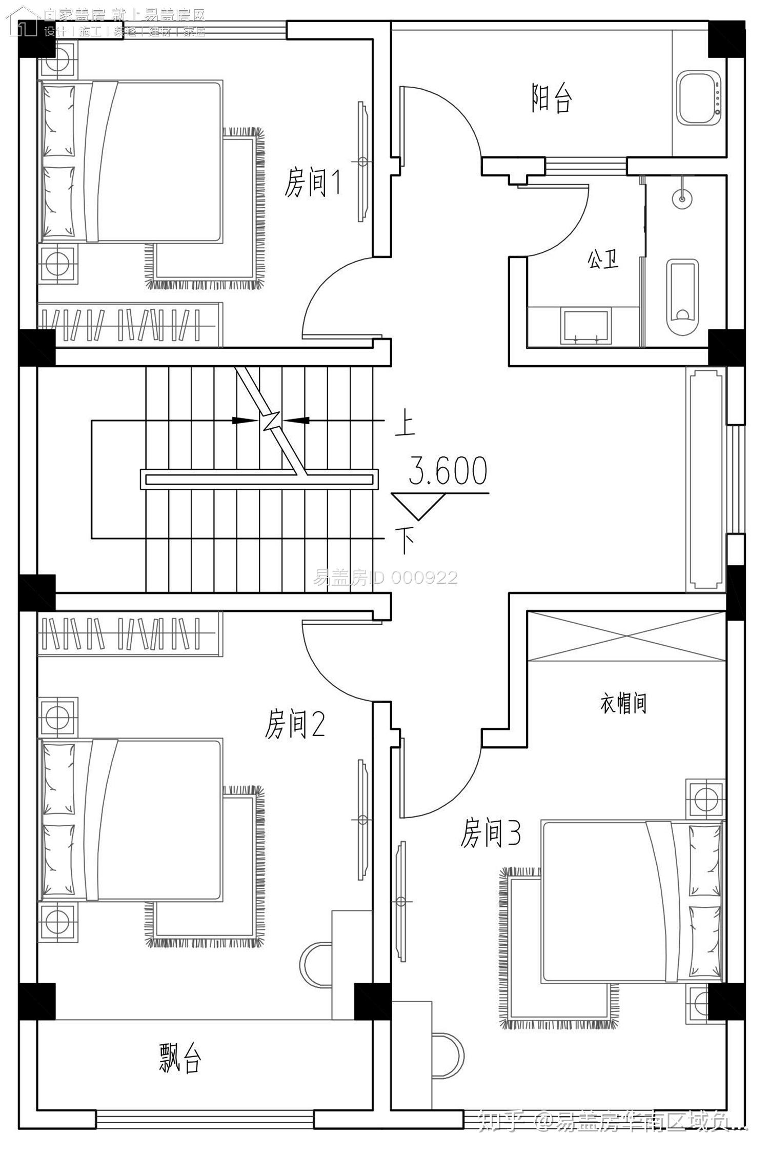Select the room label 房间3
coord(491,833)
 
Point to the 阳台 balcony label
coord(551,98)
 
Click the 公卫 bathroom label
coord(603,260)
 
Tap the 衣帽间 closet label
coord(623,704)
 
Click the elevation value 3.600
coord(448,471)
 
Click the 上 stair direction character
coord(405,425)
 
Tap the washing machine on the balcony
coord(698,98)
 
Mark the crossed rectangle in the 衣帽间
coord(626,637)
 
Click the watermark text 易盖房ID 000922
coord(385,578)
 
